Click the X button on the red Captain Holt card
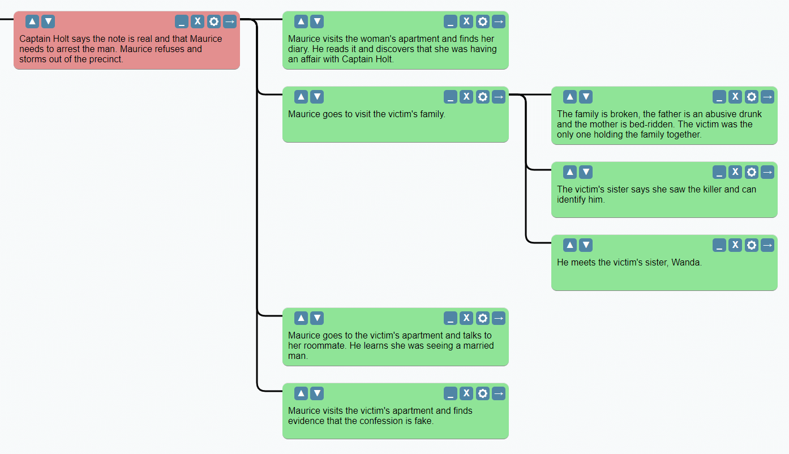tap(198, 22)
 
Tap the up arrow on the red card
tap(32, 22)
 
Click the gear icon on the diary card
tap(482, 22)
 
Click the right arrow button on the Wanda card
tap(767, 245)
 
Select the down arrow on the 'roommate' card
tap(317, 318)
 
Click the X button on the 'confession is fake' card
tap(466, 393)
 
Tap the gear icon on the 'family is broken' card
tap(751, 97)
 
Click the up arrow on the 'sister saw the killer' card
tap(570, 172)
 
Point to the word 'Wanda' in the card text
tap(686, 263)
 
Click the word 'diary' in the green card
tap(299, 49)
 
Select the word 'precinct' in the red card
tap(105, 59)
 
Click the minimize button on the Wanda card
tap(719, 245)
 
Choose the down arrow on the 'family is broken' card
tap(586, 97)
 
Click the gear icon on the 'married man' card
tap(482, 318)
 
